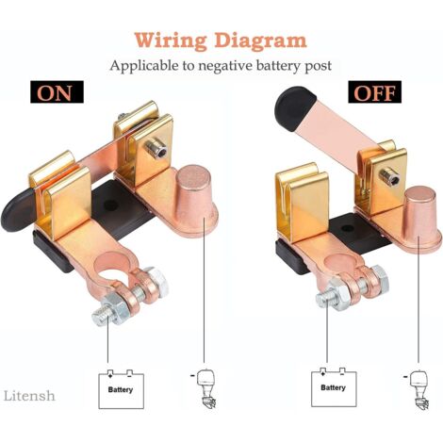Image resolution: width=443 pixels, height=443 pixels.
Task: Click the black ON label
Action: (57, 91)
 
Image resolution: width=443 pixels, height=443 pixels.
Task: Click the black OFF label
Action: (374, 91)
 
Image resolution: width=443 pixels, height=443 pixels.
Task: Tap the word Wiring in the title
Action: (172, 41)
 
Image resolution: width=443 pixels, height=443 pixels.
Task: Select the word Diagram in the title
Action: (261, 41)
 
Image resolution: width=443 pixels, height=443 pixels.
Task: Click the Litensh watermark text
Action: (29, 396)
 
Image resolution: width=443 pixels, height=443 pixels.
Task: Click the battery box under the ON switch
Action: (122, 389)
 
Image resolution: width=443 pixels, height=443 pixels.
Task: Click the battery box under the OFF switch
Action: (334, 387)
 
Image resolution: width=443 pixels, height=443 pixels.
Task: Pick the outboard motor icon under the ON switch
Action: (205, 388)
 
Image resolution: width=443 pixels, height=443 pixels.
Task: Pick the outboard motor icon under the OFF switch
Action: (418, 388)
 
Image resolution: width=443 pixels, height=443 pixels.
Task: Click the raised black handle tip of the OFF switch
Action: (295, 108)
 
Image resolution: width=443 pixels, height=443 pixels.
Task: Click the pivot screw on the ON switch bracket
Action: (156, 148)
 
